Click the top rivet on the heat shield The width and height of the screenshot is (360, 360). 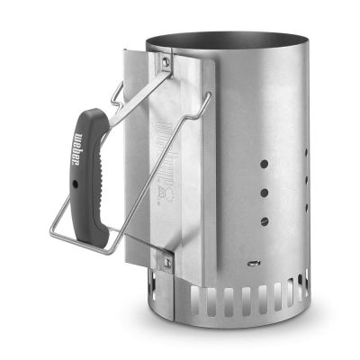coord(166,61)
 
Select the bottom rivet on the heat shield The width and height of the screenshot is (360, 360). coord(166,261)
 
